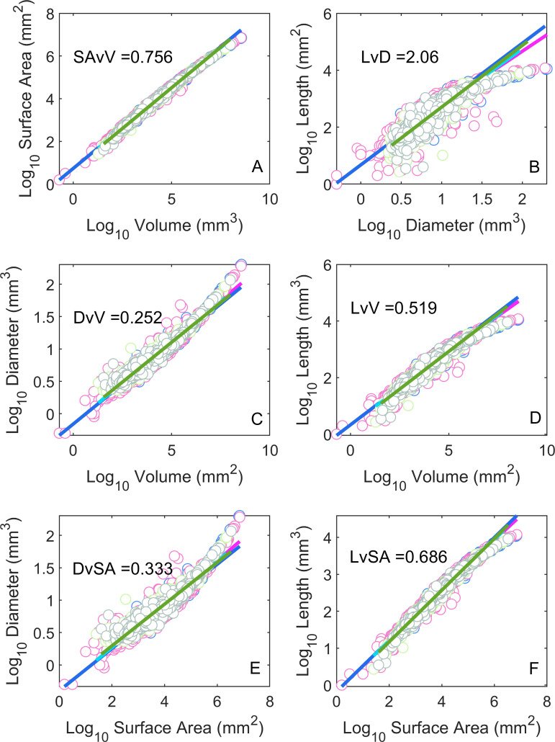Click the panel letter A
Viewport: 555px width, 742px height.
[257, 166]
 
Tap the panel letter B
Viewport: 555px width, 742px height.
[534, 167]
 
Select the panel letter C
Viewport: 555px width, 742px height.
[257, 419]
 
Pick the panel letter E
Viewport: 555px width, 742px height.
[254, 668]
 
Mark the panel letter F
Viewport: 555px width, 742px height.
[533, 669]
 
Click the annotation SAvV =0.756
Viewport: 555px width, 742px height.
[123, 57]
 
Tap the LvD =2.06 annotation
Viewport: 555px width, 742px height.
[400, 57]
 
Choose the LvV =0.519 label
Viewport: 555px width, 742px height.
[393, 308]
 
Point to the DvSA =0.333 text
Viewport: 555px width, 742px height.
[122, 569]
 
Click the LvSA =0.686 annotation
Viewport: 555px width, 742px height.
[399, 556]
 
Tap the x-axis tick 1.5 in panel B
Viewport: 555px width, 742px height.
[482, 199]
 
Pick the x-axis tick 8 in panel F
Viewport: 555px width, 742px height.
[547, 701]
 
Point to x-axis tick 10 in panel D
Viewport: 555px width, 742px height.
[547, 450]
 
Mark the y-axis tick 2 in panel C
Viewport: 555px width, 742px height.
[50, 285]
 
